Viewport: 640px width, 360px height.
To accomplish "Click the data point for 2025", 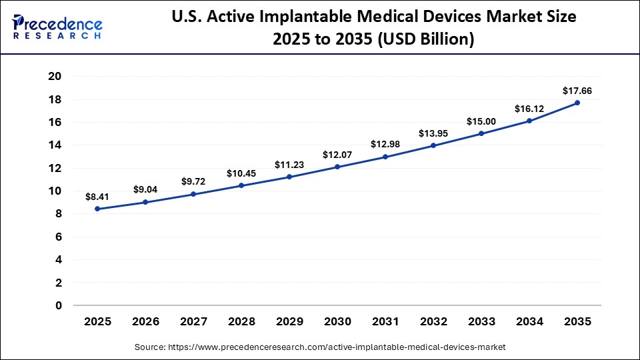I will tap(97, 209).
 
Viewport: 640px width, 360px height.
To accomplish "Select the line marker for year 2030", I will tap(337, 167).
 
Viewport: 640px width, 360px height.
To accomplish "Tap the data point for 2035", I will tap(577, 103).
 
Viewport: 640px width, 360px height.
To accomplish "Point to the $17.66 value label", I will tap(577, 91).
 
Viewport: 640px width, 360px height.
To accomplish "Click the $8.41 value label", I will tap(97, 197).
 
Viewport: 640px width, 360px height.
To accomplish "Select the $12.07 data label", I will tap(337, 155).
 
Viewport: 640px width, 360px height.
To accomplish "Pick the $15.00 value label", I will tap(481, 121).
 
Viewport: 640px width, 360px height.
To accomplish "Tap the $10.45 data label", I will tap(241, 173).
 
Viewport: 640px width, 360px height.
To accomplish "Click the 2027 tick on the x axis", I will tap(193, 321).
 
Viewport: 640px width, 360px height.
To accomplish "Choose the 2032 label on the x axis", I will tap(433, 321).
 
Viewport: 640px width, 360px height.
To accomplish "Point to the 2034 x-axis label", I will tap(529, 321).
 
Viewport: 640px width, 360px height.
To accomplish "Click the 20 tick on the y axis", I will tap(55, 77).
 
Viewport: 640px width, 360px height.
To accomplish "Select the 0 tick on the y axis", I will tap(58, 306).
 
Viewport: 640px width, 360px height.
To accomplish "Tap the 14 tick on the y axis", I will tap(55, 145).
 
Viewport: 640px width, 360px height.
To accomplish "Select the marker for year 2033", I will tap(481, 133).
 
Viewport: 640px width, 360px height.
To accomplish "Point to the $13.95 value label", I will tap(433, 133).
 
